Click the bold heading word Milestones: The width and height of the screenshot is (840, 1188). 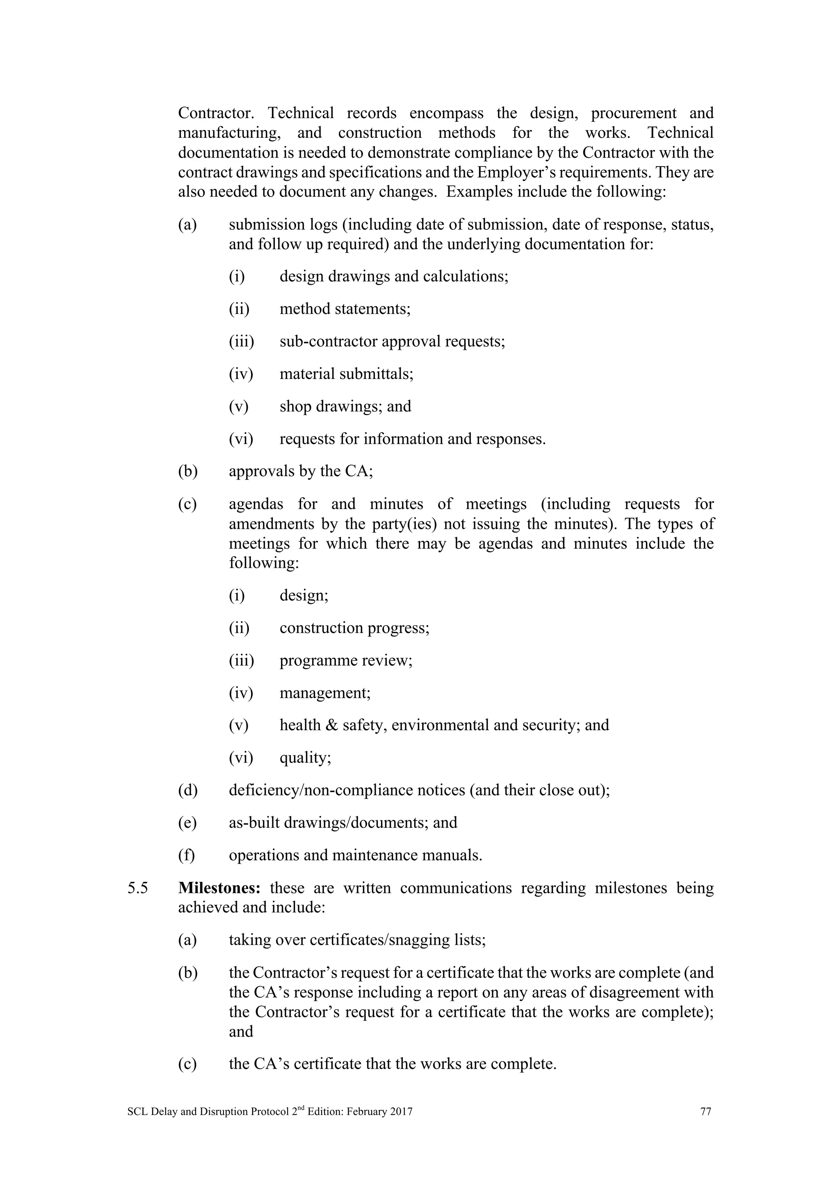pyautogui.click(x=219, y=888)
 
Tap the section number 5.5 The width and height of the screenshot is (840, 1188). pyautogui.click(x=137, y=888)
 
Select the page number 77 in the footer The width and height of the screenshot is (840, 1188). pyautogui.click(x=705, y=1111)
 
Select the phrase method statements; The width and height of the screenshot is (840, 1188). pyautogui.click(x=345, y=309)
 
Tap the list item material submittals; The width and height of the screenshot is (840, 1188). pyautogui.click(x=347, y=374)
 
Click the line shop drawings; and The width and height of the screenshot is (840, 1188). pyautogui.click(x=345, y=406)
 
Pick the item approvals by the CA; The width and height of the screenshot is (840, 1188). pyautogui.click(x=301, y=471)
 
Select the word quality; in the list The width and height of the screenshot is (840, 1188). pyautogui.click(x=305, y=758)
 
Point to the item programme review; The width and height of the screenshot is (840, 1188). pyautogui.click(x=346, y=661)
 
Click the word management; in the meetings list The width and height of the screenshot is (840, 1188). pyautogui.click(x=325, y=693)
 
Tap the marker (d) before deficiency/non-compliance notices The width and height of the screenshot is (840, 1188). pyautogui.click(x=188, y=790)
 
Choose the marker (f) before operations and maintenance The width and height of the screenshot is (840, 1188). pyautogui.click(x=187, y=855)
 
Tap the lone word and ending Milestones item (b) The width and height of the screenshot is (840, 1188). pyautogui.click(x=241, y=1031)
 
